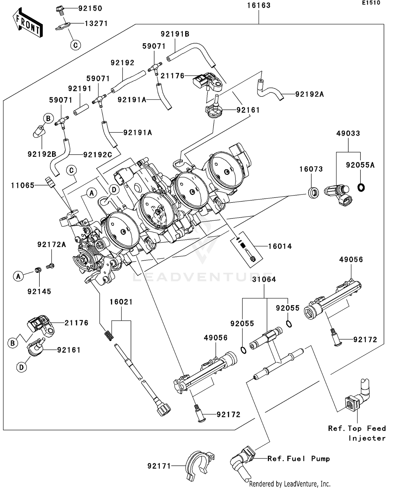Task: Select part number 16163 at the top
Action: (x=259, y=5)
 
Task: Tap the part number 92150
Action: (x=90, y=8)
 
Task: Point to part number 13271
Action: (x=96, y=24)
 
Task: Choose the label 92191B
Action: (x=175, y=34)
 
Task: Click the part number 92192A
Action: (x=309, y=94)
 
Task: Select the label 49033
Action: (x=348, y=133)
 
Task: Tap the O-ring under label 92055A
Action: (x=361, y=187)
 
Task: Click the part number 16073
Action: (x=311, y=169)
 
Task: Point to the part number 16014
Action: (x=280, y=246)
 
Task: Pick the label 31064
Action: (x=264, y=279)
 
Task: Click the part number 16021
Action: (x=121, y=302)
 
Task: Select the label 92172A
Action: (x=52, y=245)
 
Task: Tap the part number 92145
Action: (x=39, y=291)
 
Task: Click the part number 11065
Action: (x=23, y=185)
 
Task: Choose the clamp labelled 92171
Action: (x=199, y=465)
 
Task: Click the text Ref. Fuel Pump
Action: (x=299, y=458)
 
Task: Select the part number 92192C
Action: (x=97, y=155)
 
